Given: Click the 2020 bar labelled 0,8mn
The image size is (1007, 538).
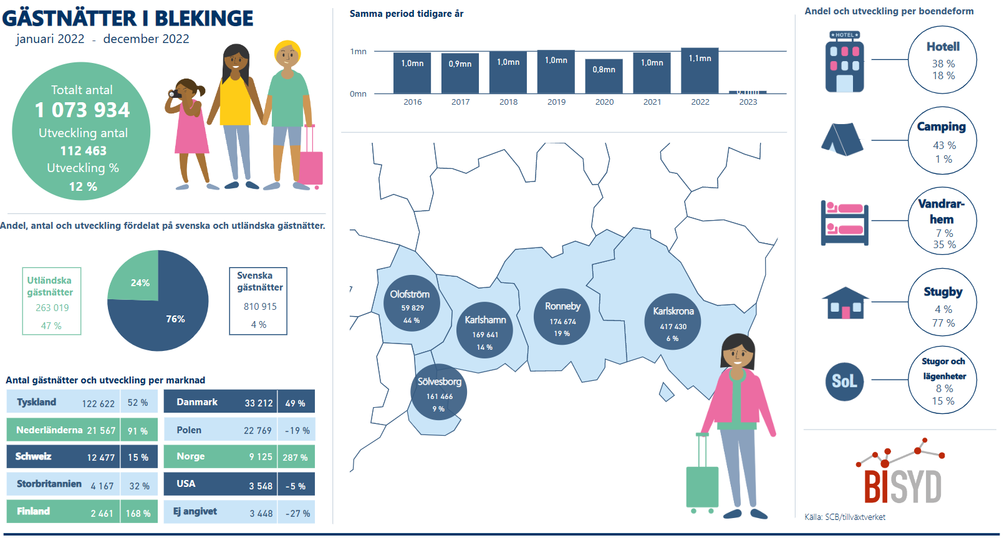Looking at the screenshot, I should click(x=604, y=76).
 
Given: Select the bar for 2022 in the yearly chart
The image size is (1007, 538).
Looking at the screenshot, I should click(x=700, y=70).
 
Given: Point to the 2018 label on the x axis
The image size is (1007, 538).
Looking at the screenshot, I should click(x=508, y=102).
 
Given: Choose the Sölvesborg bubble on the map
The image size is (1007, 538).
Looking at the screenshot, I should click(x=439, y=391).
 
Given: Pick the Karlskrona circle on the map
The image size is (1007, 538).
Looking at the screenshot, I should click(x=673, y=320).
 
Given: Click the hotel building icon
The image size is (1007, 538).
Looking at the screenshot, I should click(x=844, y=62).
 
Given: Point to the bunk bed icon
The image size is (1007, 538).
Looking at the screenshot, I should click(x=844, y=223).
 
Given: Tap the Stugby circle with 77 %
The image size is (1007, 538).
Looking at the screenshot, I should click(x=942, y=302).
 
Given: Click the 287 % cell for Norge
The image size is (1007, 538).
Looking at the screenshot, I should click(x=295, y=457).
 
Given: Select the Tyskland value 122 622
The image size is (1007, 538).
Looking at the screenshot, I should click(x=98, y=403).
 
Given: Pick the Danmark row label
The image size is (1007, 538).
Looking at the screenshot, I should click(x=197, y=402).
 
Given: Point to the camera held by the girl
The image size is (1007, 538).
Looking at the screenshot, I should click(x=175, y=94).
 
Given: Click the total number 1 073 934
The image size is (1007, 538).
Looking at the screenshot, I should click(x=82, y=110).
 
